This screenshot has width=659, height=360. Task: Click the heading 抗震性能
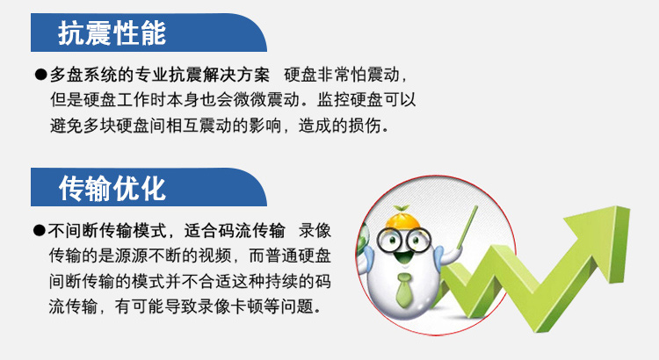point(112,32)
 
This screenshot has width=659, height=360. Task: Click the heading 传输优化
point(112,188)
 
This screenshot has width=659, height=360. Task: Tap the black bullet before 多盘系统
point(40,75)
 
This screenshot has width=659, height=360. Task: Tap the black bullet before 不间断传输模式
point(39,230)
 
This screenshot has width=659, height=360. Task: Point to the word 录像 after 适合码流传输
point(315,230)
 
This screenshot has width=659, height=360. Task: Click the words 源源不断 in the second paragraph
point(148,256)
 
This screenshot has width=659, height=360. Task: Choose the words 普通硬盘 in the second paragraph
point(298,256)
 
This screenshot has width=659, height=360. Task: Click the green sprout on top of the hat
point(401,209)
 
